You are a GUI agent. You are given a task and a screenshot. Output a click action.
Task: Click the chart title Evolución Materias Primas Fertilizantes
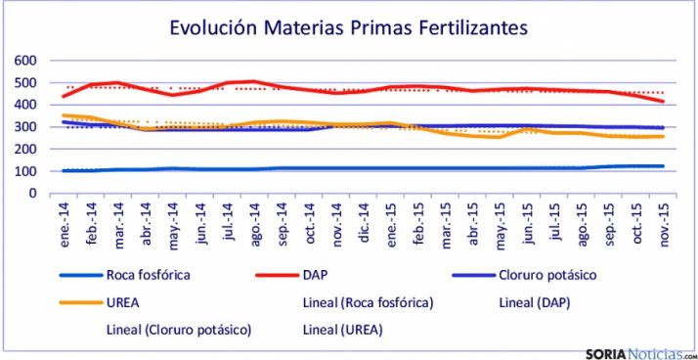point(348,27)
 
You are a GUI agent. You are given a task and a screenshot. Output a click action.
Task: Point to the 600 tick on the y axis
point(23,60)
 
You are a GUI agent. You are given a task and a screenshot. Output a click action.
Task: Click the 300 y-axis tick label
point(23,126)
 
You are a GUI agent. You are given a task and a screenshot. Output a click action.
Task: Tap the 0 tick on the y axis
point(31,193)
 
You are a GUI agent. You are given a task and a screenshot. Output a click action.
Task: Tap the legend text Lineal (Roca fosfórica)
point(369,303)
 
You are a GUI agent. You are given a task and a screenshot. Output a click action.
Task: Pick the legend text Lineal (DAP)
point(534,303)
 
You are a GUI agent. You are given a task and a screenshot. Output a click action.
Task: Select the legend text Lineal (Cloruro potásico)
point(179,330)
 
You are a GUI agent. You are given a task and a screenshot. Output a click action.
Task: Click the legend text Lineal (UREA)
point(342,330)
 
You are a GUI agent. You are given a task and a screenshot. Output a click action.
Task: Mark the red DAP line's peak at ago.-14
point(254,81)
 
